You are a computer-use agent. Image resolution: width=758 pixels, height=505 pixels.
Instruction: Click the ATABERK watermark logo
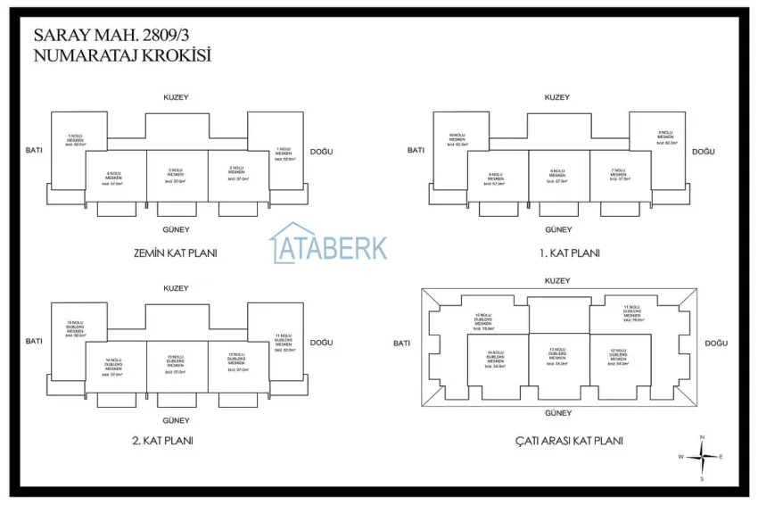pyautogui.click(x=329, y=244)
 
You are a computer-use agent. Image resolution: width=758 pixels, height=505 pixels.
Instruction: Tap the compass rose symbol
pyautogui.click(x=703, y=456)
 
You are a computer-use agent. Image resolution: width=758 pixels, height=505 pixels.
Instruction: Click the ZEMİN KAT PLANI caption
pyautogui.click(x=174, y=252)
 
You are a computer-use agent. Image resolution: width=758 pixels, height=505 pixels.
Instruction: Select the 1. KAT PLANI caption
pyautogui.click(x=570, y=252)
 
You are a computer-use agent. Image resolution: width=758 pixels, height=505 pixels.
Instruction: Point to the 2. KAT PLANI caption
pyautogui.click(x=162, y=440)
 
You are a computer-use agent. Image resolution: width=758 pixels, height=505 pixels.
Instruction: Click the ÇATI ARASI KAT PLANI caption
pyautogui.click(x=569, y=441)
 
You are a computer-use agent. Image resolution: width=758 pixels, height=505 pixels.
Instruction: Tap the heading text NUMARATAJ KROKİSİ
pyautogui.click(x=121, y=55)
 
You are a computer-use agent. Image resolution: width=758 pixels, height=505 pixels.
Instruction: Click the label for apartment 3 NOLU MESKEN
pyautogui.click(x=176, y=172)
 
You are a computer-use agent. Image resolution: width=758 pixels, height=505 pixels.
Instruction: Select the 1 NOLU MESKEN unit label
pyautogui.click(x=284, y=152)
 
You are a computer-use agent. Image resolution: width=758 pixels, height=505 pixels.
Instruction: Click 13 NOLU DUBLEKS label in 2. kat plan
pyautogui.click(x=176, y=360)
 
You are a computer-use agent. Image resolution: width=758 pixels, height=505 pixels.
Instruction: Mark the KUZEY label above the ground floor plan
pyautogui.click(x=175, y=97)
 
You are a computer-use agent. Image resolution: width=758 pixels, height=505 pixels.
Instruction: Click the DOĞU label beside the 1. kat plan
pyautogui.click(x=703, y=152)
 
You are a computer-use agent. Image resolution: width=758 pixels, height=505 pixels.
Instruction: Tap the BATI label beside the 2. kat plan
pyautogui.click(x=34, y=341)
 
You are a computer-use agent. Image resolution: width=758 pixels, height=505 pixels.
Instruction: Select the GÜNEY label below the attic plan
pyautogui.click(x=558, y=413)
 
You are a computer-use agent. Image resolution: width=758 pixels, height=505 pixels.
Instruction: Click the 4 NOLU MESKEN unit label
pyautogui.click(x=113, y=176)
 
